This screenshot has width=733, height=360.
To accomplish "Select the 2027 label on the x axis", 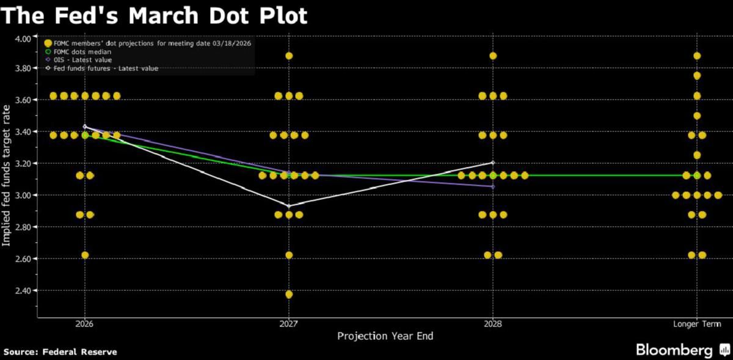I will [289, 324].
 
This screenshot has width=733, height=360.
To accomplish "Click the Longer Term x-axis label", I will [697, 324].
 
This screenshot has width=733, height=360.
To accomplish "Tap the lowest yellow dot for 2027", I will [289, 294].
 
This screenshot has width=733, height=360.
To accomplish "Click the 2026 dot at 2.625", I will [85, 255].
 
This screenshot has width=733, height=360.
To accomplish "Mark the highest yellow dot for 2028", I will [493, 56].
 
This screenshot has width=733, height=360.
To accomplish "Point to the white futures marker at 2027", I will [289, 206].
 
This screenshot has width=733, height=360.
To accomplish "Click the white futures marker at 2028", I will [493, 163].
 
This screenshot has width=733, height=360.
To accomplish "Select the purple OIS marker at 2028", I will [493, 186].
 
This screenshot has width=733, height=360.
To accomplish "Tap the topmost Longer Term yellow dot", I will [697, 56].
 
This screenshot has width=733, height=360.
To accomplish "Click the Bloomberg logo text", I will [674, 350].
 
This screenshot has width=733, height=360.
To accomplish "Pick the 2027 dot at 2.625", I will [289, 255].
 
